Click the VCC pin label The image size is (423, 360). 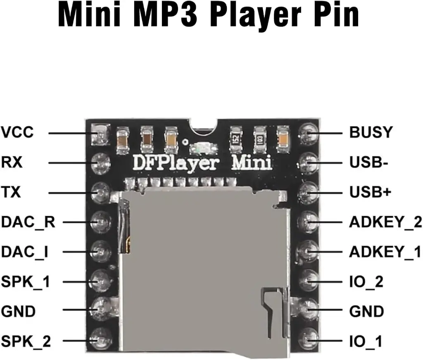(17, 133)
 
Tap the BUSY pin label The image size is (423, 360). (371, 133)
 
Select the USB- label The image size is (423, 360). (368, 162)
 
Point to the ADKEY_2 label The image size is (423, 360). (385, 222)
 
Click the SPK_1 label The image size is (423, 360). (26, 281)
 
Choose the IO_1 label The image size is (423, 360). (366, 341)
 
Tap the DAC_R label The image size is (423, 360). (28, 222)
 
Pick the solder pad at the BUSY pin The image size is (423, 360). (308, 134)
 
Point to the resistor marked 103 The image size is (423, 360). (259, 138)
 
